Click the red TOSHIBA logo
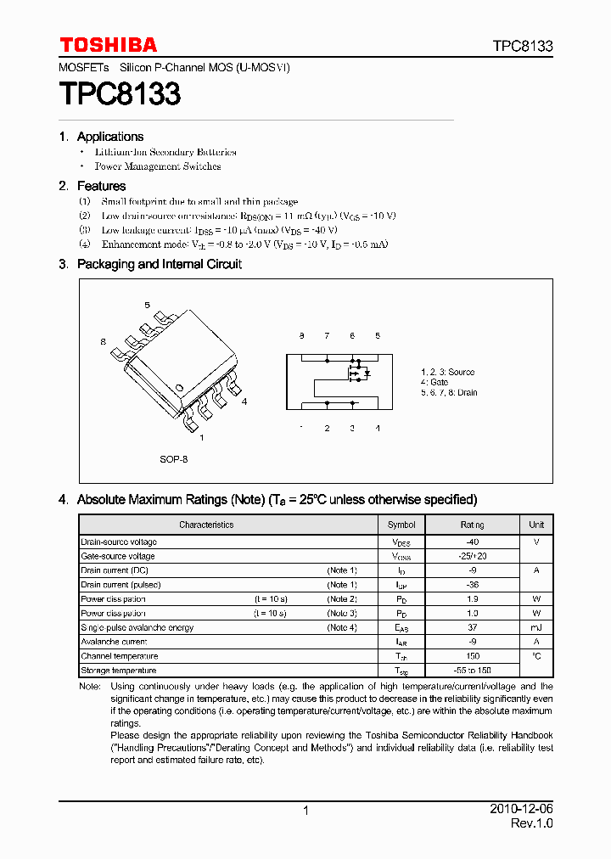(108, 45)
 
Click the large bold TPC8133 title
(120, 94)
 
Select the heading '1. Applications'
(101, 137)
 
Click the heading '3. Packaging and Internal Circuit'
(150, 264)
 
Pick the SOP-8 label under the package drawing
(173, 459)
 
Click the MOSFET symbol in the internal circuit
(356, 372)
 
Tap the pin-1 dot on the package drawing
(179, 389)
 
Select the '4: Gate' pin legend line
(434, 383)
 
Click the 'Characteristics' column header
(206, 525)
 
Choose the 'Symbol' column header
(401, 525)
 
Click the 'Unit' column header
(536, 525)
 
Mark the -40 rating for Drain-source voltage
(473, 542)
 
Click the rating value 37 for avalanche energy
(473, 627)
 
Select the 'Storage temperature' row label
(118, 671)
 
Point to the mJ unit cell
(536, 627)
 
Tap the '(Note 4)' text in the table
(342, 627)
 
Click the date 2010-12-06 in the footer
(522, 810)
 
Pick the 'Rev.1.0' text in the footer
(531, 824)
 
